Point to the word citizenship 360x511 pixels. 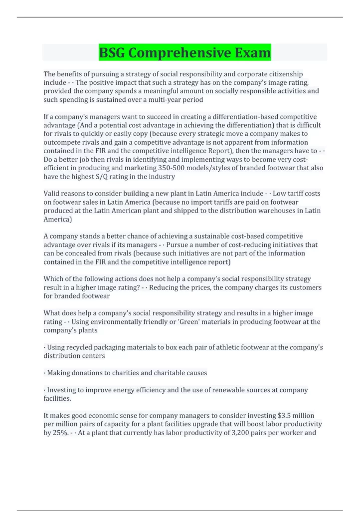point(285,74)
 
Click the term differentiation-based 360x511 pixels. point(241,117)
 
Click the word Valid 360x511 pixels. point(52,193)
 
